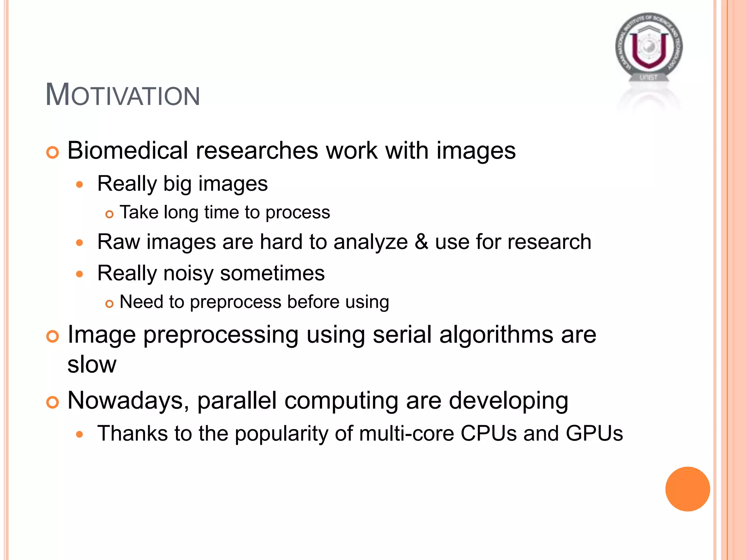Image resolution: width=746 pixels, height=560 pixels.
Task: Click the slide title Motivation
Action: [x=122, y=95]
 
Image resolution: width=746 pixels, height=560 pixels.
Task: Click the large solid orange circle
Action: [x=687, y=489]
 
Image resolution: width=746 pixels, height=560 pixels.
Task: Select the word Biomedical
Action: [x=127, y=150]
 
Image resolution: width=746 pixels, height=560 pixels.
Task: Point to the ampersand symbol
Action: [x=421, y=242]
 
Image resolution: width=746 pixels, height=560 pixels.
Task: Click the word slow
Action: [x=92, y=364]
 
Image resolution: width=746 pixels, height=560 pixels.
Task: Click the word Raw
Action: [x=118, y=242]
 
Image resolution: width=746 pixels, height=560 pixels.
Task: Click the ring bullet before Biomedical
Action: [x=52, y=152]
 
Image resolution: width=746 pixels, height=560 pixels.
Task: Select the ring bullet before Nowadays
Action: [x=52, y=402]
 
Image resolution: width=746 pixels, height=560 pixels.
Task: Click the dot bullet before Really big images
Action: [x=80, y=185]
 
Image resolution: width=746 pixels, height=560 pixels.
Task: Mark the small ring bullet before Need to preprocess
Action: [x=109, y=303]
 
